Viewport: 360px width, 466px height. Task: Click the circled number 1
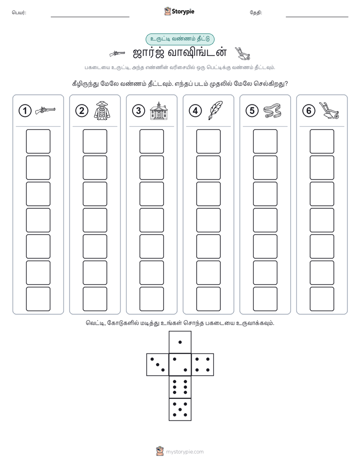coord(25,111)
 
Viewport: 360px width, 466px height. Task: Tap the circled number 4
coord(195,111)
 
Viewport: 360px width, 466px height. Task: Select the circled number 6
coord(309,111)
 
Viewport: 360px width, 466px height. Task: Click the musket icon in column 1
coord(45,110)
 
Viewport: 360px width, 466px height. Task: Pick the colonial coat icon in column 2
coord(102,110)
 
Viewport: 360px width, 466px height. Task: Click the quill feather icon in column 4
coord(216,110)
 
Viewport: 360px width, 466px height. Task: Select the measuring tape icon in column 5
coord(272,110)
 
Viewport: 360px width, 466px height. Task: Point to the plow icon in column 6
coord(329,110)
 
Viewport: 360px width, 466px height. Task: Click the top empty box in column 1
coord(38,141)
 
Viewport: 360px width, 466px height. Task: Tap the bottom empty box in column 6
coord(322,299)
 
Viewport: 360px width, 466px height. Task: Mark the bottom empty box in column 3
coord(152,299)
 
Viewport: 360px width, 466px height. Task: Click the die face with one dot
coord(180,342)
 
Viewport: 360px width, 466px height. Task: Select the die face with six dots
coord(180,387)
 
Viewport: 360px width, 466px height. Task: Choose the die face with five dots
coord(180,409)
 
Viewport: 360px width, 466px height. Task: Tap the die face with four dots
coord(203,365)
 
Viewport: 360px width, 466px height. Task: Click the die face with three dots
coord(158,365)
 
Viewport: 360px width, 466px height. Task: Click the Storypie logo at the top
coord(179,12)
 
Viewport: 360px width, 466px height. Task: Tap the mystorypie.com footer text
coord(185,452)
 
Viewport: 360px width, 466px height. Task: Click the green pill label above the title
coord(180,39)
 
